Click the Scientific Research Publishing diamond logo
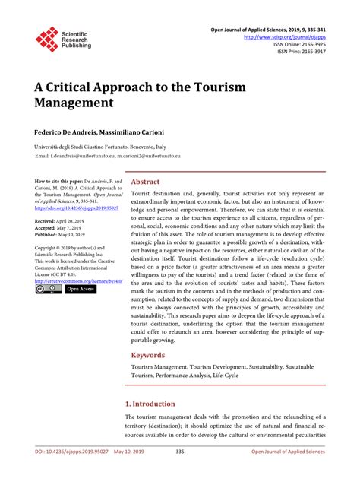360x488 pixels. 47,40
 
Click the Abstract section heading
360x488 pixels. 146,182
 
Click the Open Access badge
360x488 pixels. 81,290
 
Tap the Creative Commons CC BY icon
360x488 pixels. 48,290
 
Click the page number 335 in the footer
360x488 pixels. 180,473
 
